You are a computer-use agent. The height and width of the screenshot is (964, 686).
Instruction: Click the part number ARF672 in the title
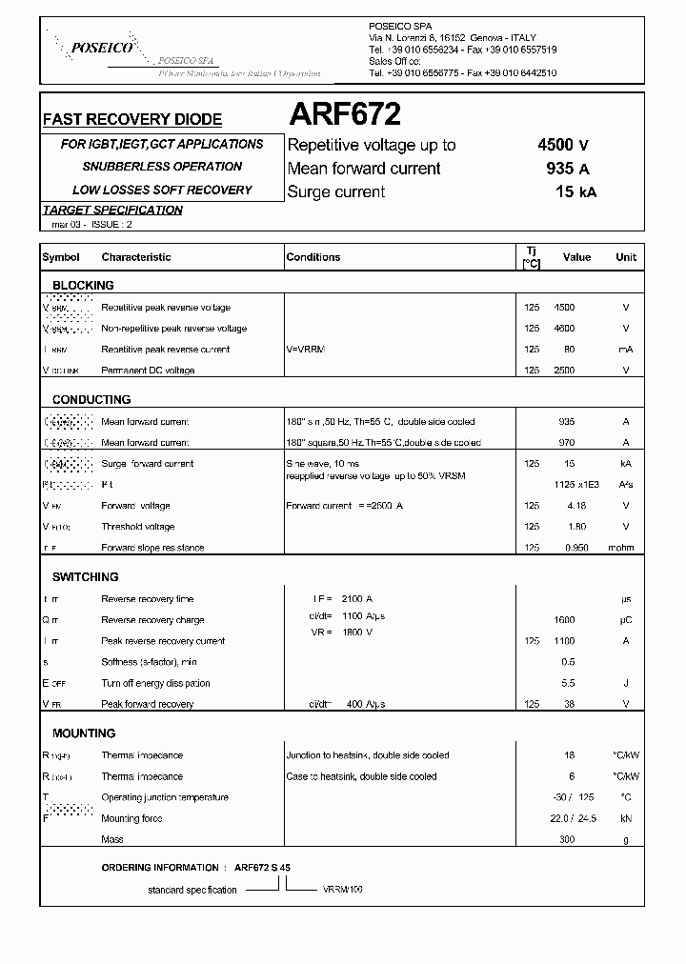[x=344, y=115]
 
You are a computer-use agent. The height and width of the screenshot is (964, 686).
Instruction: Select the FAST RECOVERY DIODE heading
[x=132, y=120]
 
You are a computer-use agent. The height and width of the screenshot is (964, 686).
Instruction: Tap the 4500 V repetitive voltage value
[x=562, y=145]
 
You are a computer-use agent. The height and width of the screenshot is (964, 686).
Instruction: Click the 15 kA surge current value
[x=575, y=191]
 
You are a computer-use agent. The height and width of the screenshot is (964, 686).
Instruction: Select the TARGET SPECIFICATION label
[x=112, y=211]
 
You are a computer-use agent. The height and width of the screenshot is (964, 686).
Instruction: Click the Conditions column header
[x=313, y=257]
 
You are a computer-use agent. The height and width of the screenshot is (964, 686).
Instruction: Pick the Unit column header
[x=625, y=257]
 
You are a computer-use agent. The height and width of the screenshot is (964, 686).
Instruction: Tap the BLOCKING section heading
[x=83, y=285]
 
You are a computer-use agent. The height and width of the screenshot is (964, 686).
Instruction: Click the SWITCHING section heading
[x=85, y=576]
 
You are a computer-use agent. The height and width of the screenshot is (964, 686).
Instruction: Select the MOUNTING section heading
[x=84, y=733]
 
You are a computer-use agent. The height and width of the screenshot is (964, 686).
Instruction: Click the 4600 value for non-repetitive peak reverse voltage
[x=565, y=329]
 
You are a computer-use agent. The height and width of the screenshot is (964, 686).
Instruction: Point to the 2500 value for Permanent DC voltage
[x=565, y=371]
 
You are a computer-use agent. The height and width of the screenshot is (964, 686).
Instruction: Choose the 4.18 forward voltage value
[x=565, y=506]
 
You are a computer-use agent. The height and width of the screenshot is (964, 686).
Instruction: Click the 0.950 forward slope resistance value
[x=565, y=548]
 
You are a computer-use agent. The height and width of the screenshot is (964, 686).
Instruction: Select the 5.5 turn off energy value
[x=568, y=683]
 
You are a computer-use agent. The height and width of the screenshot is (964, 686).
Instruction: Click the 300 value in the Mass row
[x=568, y=839]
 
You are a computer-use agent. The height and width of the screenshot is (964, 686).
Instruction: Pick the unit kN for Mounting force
[x=625, y=818]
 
